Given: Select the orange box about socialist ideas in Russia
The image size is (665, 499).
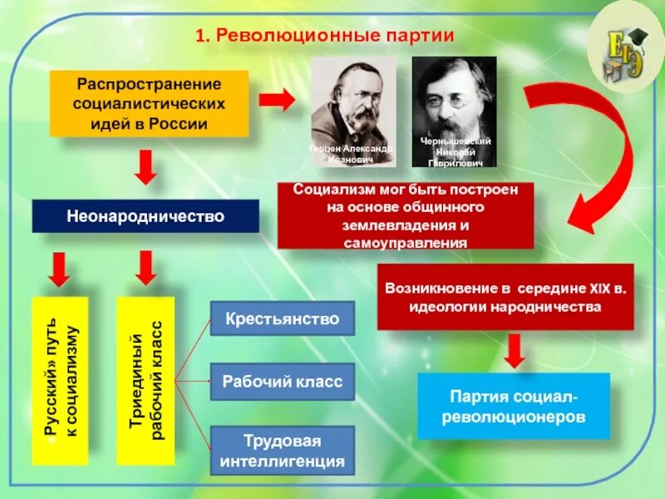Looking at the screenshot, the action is (150, 104).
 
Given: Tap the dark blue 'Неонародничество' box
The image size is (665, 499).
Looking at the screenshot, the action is (145, 216).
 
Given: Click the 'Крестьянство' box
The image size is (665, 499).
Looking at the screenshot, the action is (283, 319).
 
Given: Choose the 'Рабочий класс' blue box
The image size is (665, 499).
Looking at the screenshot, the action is (283, 382).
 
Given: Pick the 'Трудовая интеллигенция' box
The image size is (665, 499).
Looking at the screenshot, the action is (283, 450).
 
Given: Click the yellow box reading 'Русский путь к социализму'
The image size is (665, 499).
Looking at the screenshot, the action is (60, 380).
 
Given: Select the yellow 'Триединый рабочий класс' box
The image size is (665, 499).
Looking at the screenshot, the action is (145, 380).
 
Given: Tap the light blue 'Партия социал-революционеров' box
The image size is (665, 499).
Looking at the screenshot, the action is (513, 406).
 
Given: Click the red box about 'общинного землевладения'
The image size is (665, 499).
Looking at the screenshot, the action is (406, 215).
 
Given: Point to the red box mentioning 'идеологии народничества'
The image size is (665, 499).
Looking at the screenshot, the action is (505, 297).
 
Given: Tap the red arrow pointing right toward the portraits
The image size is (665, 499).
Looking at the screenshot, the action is (277, 100).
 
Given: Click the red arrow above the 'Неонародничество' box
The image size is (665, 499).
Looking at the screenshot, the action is (146, 166).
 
